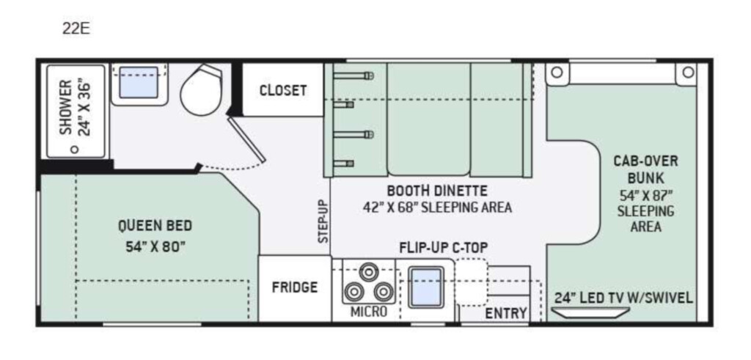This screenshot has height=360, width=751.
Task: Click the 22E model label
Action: pos(76,29)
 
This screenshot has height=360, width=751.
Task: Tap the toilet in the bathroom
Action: pos(201,90)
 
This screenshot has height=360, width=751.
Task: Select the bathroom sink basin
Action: pos(139,82)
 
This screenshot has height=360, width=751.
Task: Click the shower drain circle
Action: pos(74,150)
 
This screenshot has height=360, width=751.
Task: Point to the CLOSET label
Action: pos(282,90)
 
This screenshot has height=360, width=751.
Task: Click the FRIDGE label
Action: pos(295,287)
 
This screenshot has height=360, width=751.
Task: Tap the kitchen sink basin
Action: pos(426,287)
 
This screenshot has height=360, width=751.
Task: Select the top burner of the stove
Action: pos(368,272)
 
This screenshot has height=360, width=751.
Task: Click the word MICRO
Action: pos(368,312)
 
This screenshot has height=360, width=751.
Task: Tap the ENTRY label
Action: pos(506,313)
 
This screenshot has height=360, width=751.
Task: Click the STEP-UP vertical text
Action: pos(323,221)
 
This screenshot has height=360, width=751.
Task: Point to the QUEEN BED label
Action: pos(155,225)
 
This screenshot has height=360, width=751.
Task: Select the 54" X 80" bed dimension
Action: pos(155,247)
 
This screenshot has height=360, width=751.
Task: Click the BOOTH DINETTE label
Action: pos(437,191)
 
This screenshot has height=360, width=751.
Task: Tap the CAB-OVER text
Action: pos(645,161)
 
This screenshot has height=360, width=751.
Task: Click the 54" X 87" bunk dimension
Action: pos(645,195)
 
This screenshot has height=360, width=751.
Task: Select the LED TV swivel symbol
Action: pos(590,312)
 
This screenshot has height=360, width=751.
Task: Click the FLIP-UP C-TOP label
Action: pos(444,248)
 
